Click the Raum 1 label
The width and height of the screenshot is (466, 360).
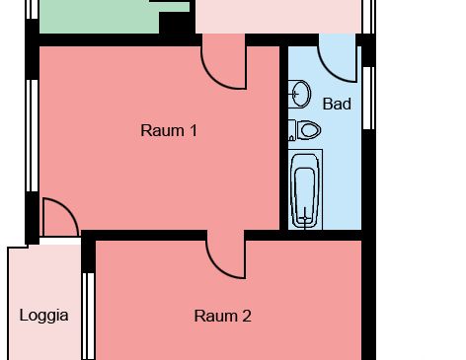[169, 129]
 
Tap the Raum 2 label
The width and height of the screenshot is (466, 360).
[222, 316]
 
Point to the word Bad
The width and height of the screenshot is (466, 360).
[337, 103]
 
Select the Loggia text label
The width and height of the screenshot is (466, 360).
[44, 316]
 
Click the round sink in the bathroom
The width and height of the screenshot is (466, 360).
[302, 95]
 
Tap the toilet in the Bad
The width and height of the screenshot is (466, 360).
[307, 129]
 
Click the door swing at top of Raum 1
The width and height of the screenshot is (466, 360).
[222, 63]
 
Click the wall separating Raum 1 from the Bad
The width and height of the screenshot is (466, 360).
[283, 138]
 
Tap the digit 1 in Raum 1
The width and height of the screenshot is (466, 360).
[194, 129]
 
